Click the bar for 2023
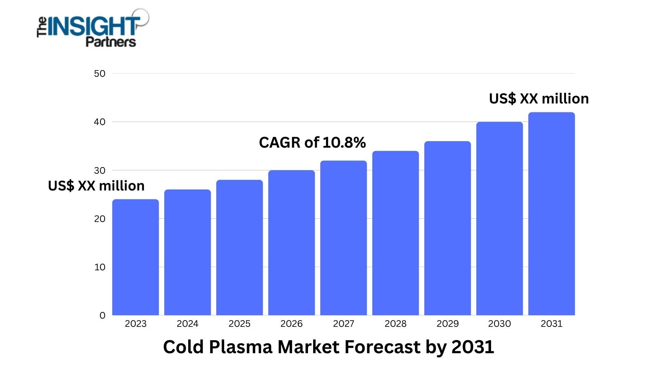pyautogui.click(x=136, y=257)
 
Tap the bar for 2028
pyautogui.click(x=396, y=233)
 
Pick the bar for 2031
pyautogui.click(x=552, y=214)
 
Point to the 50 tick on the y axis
pyautogui.click(x=100, y=74)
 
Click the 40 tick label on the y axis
pyautogui.click(x=100, y=122)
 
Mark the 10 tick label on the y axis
pyautogui.click(x=100, y=267)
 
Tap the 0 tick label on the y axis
pyautogui.click(x=102, y=316)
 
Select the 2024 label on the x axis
pyautogui.click(x=188, y=324)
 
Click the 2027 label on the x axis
pyautogui.click(x=344, y=324)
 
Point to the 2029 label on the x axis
pyautogui.click(x=448, y=324)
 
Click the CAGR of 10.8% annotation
pyautogui.click(x=312, y=143)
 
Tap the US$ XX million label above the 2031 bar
pyautogui.click(x=539, y=99)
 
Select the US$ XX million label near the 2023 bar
pyautogui.click(x=96, y=186)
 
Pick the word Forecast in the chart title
pyautogui.click(x=383, y=347)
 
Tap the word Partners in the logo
pyautogui.click(x=111, y=42)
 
